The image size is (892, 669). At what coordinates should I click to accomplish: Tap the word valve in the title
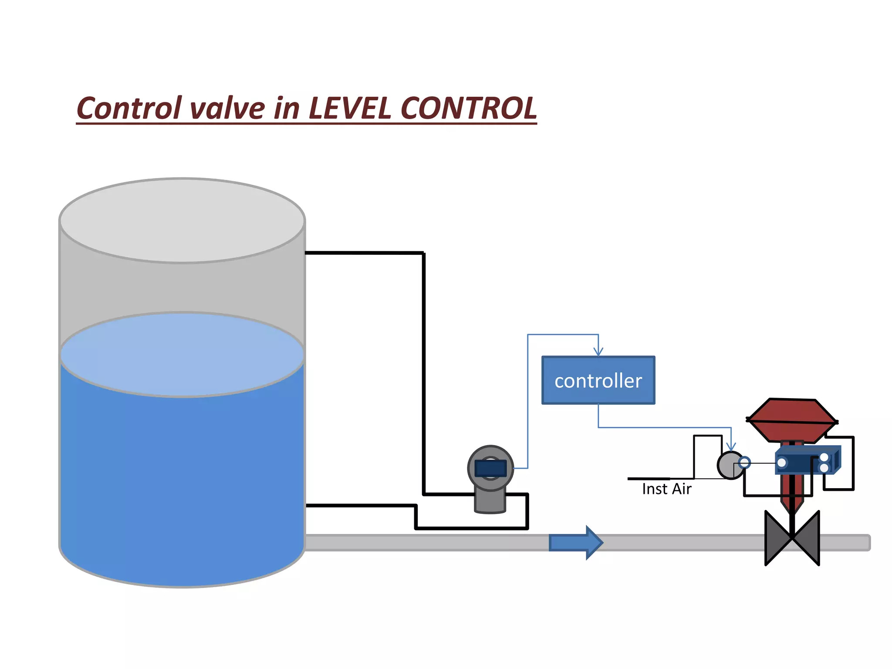click(227, 109)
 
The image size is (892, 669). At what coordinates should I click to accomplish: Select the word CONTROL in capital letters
click(468, 108)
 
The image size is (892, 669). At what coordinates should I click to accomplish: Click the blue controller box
click(598, 380)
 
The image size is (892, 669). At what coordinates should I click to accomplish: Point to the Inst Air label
click(666, 489)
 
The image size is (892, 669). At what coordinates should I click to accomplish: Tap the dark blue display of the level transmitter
click(490, 469)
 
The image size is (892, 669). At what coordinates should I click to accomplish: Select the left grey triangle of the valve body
click(778, 538)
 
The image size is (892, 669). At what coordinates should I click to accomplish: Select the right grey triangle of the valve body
click(807, 538)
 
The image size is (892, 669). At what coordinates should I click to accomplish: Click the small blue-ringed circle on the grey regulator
click(744, 462)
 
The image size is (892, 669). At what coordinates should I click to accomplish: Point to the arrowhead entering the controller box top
click(598, 351)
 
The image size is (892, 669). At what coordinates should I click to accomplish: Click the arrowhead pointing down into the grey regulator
click(731, 446)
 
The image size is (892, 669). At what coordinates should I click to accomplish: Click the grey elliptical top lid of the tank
click(182, 220)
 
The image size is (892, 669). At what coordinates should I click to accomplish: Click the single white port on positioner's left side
click(782, 463)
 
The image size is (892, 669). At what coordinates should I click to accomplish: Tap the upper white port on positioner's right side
click(824, 457)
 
